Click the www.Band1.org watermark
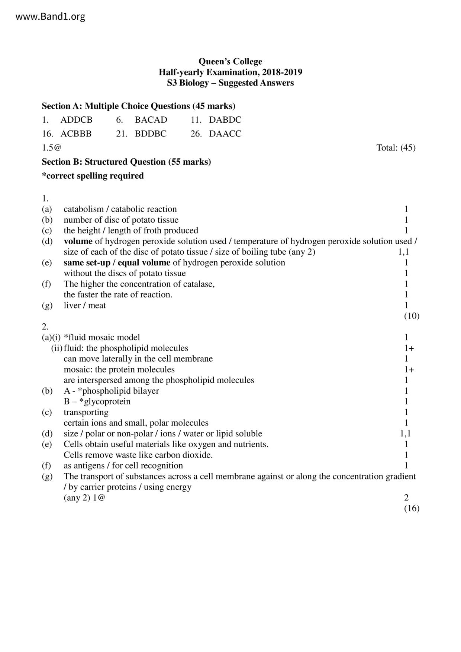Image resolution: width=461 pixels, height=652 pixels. tap(51, 17)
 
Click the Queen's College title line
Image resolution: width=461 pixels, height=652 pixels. tap(230, 61)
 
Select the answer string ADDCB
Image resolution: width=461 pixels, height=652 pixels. tap(76, 120)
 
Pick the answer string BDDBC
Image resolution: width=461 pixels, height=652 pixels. tap(151, 134)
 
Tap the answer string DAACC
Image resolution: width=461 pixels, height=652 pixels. tap(225, 134)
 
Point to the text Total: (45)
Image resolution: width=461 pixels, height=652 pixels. tap(396, 148)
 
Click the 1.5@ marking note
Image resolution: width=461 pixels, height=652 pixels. tap(51, 148)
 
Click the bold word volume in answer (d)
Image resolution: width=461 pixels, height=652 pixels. tap(78, 242)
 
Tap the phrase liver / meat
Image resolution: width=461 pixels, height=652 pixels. tap(85, 306)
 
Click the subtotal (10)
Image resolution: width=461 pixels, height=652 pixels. tap(412, 316)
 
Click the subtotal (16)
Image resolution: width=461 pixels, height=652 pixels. tap(412, 508)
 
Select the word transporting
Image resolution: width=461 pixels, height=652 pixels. tap(86, 412)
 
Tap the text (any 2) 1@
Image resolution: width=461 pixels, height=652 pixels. tap(84, 498)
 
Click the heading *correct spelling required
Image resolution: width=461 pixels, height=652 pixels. tap(93, 176)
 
